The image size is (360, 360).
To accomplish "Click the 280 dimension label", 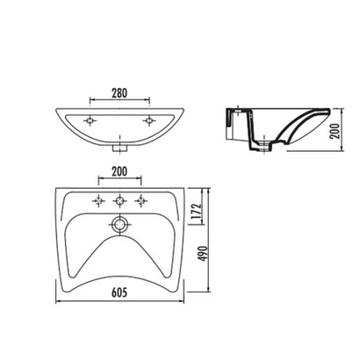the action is click(119, 93).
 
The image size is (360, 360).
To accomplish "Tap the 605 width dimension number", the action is click(119, 292).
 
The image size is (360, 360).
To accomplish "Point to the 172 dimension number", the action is click(198, 211).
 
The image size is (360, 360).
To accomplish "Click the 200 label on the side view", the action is click(336, 131).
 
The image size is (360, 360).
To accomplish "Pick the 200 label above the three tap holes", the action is click(119, 172).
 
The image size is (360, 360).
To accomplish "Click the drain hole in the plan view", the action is click(119, 225).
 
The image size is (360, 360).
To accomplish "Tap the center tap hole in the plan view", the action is click(119, 201).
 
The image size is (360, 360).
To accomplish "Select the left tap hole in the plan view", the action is click(98, 201).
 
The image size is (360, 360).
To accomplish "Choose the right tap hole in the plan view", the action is click(141, 201).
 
